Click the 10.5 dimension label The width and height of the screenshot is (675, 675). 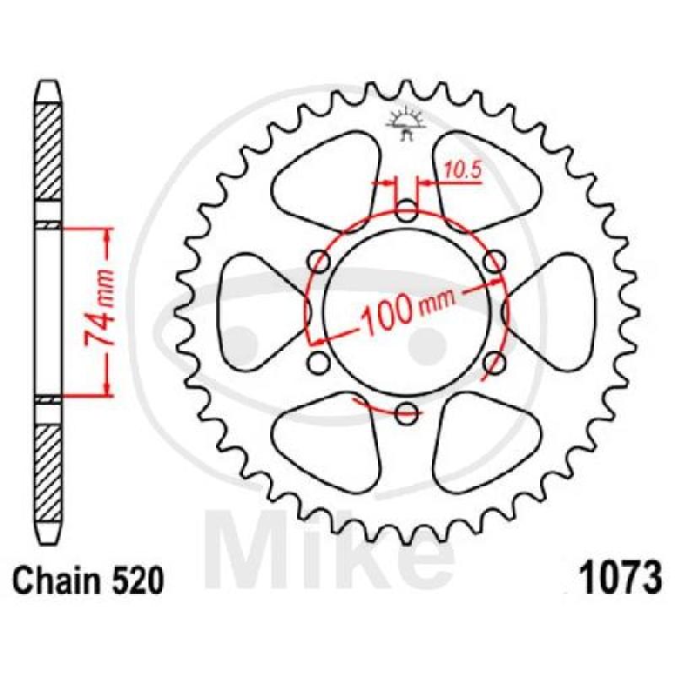(x=462, y=170)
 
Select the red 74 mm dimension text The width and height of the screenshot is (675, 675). (x=100, y=308)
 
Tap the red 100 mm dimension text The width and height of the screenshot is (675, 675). (x=407, y=309)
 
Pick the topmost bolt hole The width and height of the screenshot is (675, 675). (x=407, y=212)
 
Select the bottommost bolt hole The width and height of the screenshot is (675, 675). (x=407, y=413)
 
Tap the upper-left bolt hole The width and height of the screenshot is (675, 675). (x=320, y=262)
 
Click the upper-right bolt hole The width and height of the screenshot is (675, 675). (x=494, y=262)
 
